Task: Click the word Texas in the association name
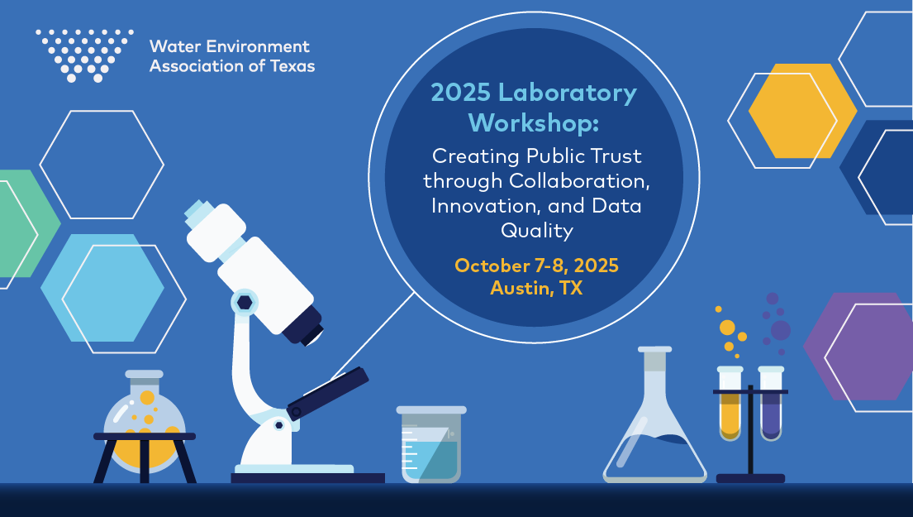click(292, 66)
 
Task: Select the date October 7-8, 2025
click(536, 266)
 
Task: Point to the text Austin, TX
click(536, 288)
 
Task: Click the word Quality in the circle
click(536, 229)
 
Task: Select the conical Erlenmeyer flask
click(655, 430)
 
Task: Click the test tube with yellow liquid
click(730, 405)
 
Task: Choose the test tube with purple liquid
click(770, 405)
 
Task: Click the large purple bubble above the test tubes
click(780, 329)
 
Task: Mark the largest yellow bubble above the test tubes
click(727, 327)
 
